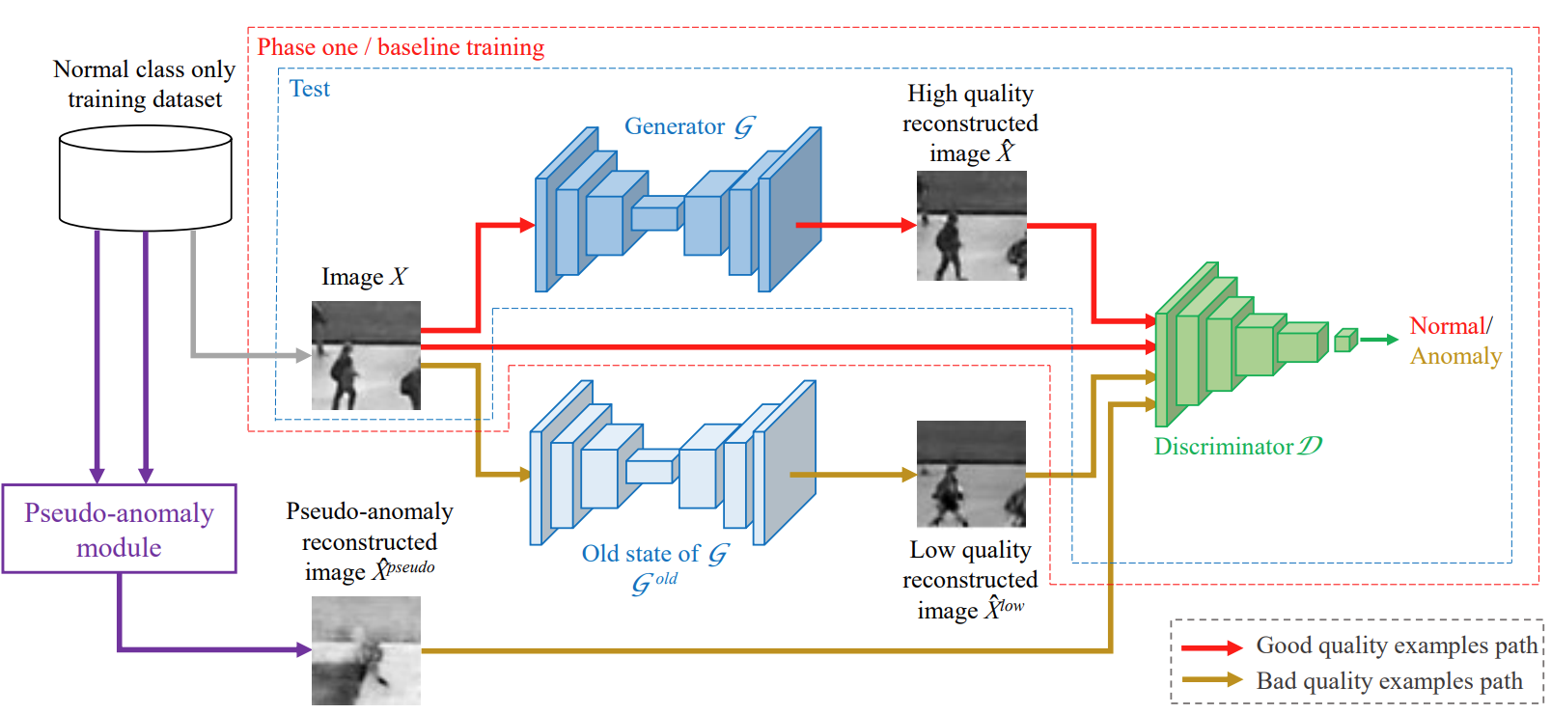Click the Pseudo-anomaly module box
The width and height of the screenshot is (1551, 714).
tap(119, 529)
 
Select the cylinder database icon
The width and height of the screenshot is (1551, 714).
tap(145, 178)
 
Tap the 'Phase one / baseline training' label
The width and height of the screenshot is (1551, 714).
tap(401, 47)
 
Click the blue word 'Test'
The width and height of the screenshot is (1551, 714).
tap(309, 89)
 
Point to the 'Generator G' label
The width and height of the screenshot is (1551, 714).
tap(688, 126)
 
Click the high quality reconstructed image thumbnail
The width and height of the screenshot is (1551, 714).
tap(971, 226)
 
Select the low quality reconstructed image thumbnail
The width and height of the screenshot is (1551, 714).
tap(971, 474)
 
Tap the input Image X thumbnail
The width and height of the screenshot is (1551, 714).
tap(366, 355)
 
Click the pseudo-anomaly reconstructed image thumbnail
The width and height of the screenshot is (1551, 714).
tap(366, 650)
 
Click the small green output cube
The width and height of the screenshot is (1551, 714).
tap(1345, 340)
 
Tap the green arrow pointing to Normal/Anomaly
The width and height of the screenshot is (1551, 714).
tap(1379, 340)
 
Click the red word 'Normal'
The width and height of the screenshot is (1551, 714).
tap(1446, 326)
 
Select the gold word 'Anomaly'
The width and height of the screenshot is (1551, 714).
tap(1455, 356)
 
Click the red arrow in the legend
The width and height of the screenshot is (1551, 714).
tap(1211, 647)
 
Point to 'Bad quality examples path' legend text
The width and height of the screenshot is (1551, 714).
tap(1389, 681)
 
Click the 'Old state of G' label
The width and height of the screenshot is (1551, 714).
tap(653, 555)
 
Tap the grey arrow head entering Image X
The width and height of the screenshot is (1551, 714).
tap(303, 355)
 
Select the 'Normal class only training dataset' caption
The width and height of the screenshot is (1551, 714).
tap(145, 84)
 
